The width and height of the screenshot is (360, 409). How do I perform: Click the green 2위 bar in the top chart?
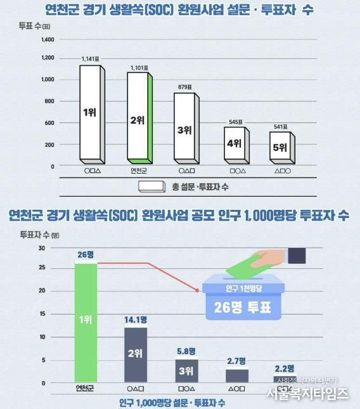139,117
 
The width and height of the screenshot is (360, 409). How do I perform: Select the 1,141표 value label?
91,59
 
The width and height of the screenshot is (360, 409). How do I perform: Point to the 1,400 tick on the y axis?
48,39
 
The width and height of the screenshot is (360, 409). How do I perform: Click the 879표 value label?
184,87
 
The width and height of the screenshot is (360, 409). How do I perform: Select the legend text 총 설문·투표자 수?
201,186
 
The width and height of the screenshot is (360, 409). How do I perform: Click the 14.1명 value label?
136,320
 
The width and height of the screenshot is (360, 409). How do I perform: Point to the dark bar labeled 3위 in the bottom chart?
186,370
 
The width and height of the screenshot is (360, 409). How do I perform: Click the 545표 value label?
235,121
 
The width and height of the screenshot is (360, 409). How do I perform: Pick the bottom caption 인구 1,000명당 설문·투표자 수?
172,403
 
